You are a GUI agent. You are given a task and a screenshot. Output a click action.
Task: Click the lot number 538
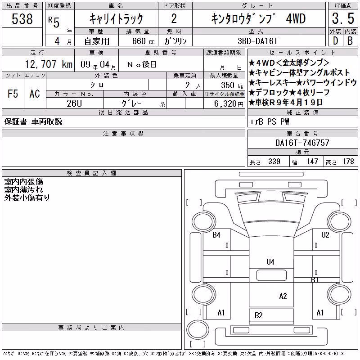(22, 19)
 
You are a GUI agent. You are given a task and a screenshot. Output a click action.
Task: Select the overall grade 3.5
(343, 18)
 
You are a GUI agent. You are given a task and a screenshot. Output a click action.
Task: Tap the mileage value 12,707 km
(49, 64)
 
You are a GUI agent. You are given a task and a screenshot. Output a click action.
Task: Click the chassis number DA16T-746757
(302, 143)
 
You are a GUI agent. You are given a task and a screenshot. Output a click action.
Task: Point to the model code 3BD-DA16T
(257, 41)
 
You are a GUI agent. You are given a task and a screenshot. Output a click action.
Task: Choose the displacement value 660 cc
(143, 41)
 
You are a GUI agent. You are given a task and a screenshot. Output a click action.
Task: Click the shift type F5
(13, 94)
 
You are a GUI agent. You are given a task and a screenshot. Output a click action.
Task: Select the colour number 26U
(74, 103)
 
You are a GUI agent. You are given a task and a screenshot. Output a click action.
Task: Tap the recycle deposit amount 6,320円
(229, 104)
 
